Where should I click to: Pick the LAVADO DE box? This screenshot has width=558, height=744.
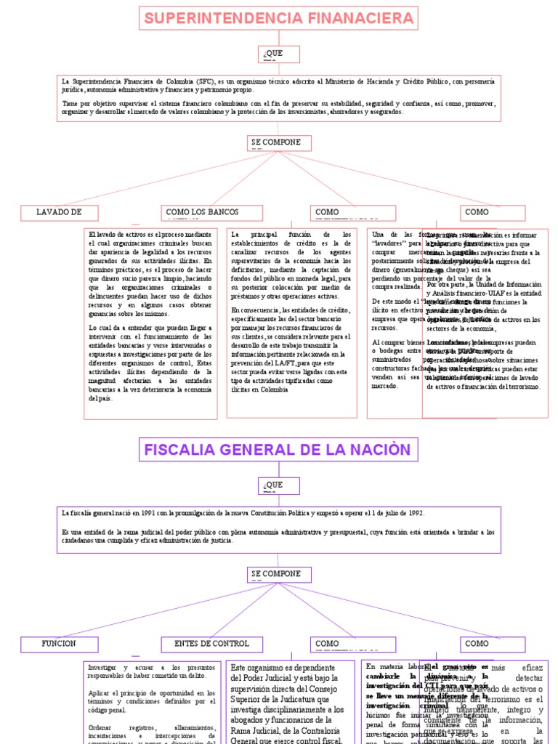coord(60,212)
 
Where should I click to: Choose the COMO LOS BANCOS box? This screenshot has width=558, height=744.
coord(201,212)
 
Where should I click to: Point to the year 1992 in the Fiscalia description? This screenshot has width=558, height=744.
coord(414,513)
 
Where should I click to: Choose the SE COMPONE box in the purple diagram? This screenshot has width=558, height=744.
coord(279,574)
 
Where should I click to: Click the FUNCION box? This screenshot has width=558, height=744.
coord(60,644)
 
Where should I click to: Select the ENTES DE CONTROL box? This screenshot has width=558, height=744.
coord(211,644)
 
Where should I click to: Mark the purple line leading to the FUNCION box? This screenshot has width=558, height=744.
coord(160,610)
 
